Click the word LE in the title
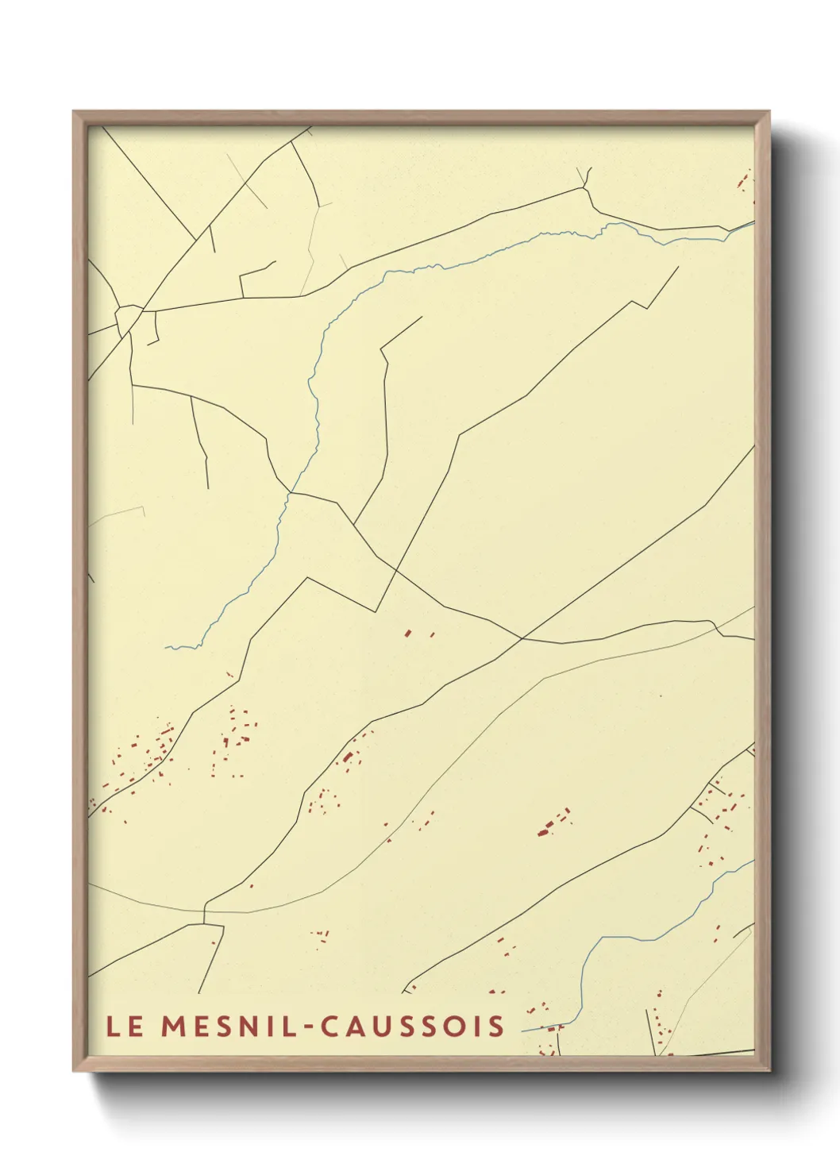pyautogui.click(x=125, y=1026)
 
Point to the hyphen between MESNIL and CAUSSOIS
pyautogui.click(x=307, y=1027)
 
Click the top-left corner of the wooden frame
pyautogui.click(x=74, y=112)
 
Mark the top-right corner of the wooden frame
pyautogui.click(x=769, y=112)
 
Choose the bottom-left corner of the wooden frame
pyautogui.click(x=74, y=1070)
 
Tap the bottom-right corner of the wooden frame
pyautogui.click(x=769, y=1070)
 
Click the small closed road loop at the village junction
pyautogui.click(x=126, y=319)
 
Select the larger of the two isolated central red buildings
pyautogui.click(x=407, y=633)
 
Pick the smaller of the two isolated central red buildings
pyautogui.click(x=432, y=634)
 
